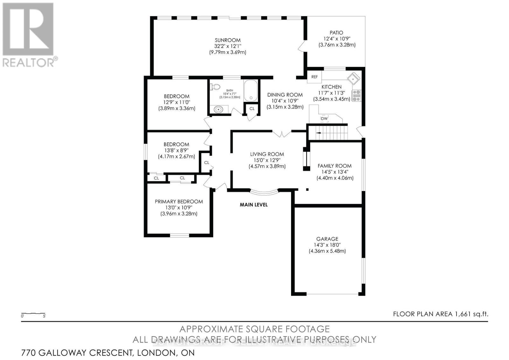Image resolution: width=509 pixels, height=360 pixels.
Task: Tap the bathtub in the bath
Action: coord(252,91)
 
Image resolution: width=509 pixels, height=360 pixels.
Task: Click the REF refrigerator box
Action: coord(314,77)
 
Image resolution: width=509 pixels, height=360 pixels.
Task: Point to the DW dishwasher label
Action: coord(324,119)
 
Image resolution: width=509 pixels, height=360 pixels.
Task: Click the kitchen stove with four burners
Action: coord(356,95)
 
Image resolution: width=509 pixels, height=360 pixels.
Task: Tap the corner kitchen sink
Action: coord(353,78)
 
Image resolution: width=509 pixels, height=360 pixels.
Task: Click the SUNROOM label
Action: coord(227,40)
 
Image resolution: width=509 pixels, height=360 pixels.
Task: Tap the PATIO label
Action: coord(336,32)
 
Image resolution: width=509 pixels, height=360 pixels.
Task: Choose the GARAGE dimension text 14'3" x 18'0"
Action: coord(327,245)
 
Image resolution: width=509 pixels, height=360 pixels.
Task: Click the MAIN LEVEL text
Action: coord(254,205)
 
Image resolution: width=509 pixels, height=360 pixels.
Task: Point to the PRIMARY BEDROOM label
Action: coord(179,201)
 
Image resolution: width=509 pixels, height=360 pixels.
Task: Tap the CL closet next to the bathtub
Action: coord(252,109)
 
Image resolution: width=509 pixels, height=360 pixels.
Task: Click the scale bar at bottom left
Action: coord(33,314)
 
